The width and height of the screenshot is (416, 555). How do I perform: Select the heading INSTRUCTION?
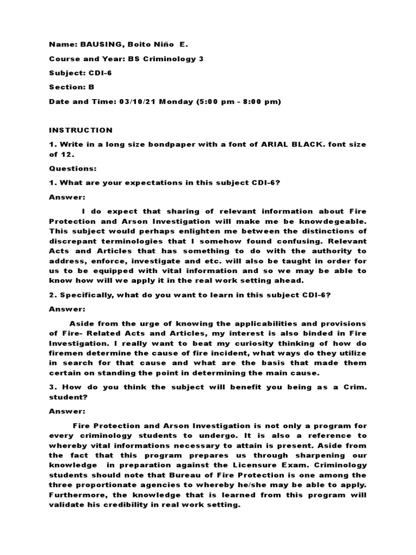pyautogui.click(x=81, y=130)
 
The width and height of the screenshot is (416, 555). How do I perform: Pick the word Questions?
pyautogui.click(x=73, y=169)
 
